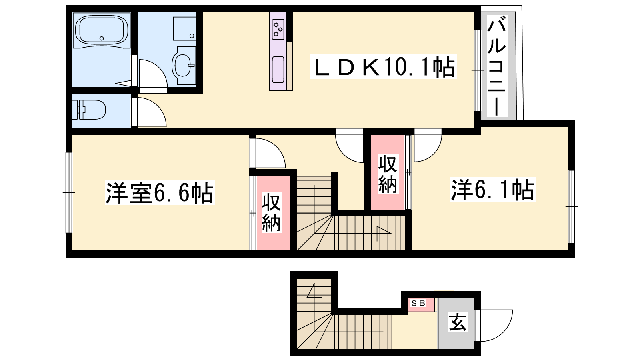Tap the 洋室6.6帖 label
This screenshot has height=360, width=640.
point(160,192)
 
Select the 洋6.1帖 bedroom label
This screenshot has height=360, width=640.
point(492,190)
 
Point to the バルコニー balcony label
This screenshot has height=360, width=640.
point(497,66)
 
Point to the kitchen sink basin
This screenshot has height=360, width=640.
point(278,70)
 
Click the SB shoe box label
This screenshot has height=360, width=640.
point(418,303)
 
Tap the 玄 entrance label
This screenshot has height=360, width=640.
point(458,322)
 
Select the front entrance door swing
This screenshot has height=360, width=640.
point(496,326)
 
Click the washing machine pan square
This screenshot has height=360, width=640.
point(184,28)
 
